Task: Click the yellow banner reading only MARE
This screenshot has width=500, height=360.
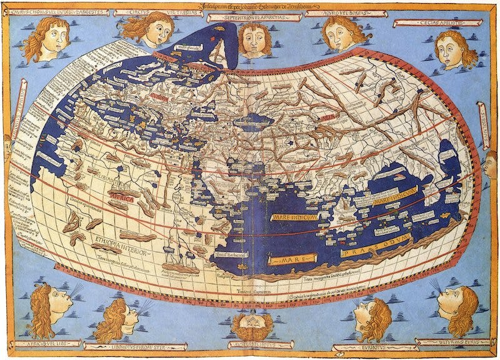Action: (293, 258)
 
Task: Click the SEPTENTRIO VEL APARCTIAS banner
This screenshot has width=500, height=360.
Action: (249, 18)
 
